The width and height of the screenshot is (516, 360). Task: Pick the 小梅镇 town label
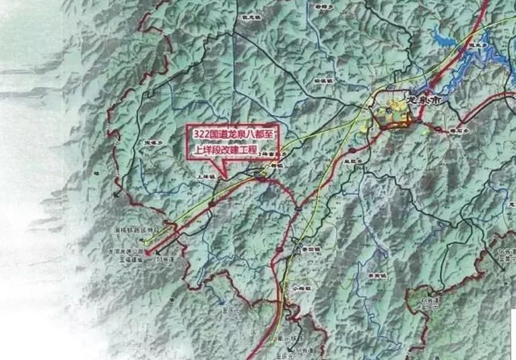click(285, 286)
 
